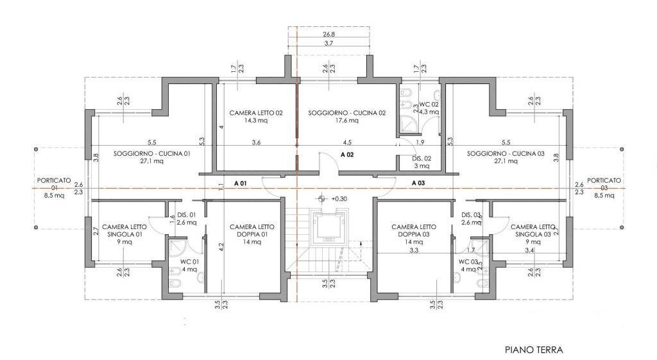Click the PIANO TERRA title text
pyautogui.click(x=533, y=350)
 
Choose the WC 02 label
pyautogui.click(x=429, y=104)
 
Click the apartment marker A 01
pyautogui.click(x=241, y=183)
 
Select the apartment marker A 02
pyautogui.click(x=347, y=155)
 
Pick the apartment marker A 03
pyautogui.click(x=418, y=183)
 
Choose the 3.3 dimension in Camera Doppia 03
pyautogui.click(x=414, y=251)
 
